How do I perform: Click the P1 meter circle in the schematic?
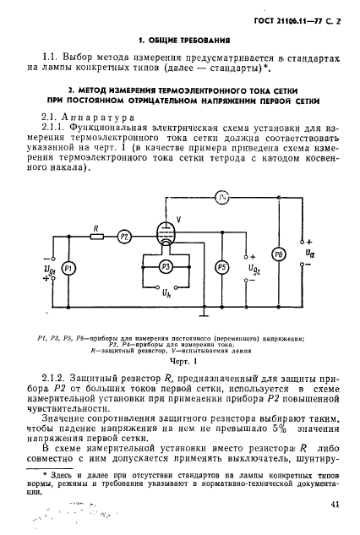click(x=70, y=268)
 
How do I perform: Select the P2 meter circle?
click(x=124, y=237)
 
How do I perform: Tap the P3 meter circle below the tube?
click(x=167, y=268)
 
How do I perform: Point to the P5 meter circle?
click(x=221, y=268)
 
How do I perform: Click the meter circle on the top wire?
click(x=223, y=199)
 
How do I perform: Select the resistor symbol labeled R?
click(x=97, y=237)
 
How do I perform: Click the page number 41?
click(x=335, y=505)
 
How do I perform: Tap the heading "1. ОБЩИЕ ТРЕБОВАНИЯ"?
click(x=179, y=39)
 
